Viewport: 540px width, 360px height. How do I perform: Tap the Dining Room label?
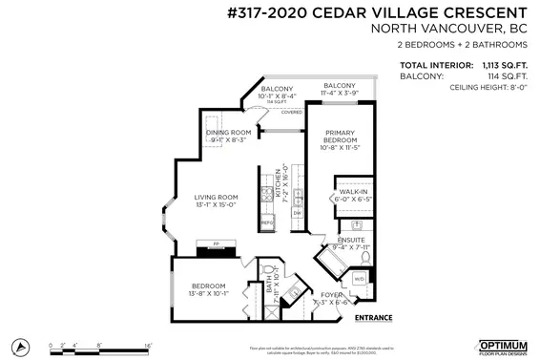(x=229, y=133)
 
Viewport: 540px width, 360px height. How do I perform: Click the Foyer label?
(x=331, y=295)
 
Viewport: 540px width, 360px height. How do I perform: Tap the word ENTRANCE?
(x=374, y=316)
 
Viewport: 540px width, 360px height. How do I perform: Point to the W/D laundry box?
(x=359, y=279)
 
